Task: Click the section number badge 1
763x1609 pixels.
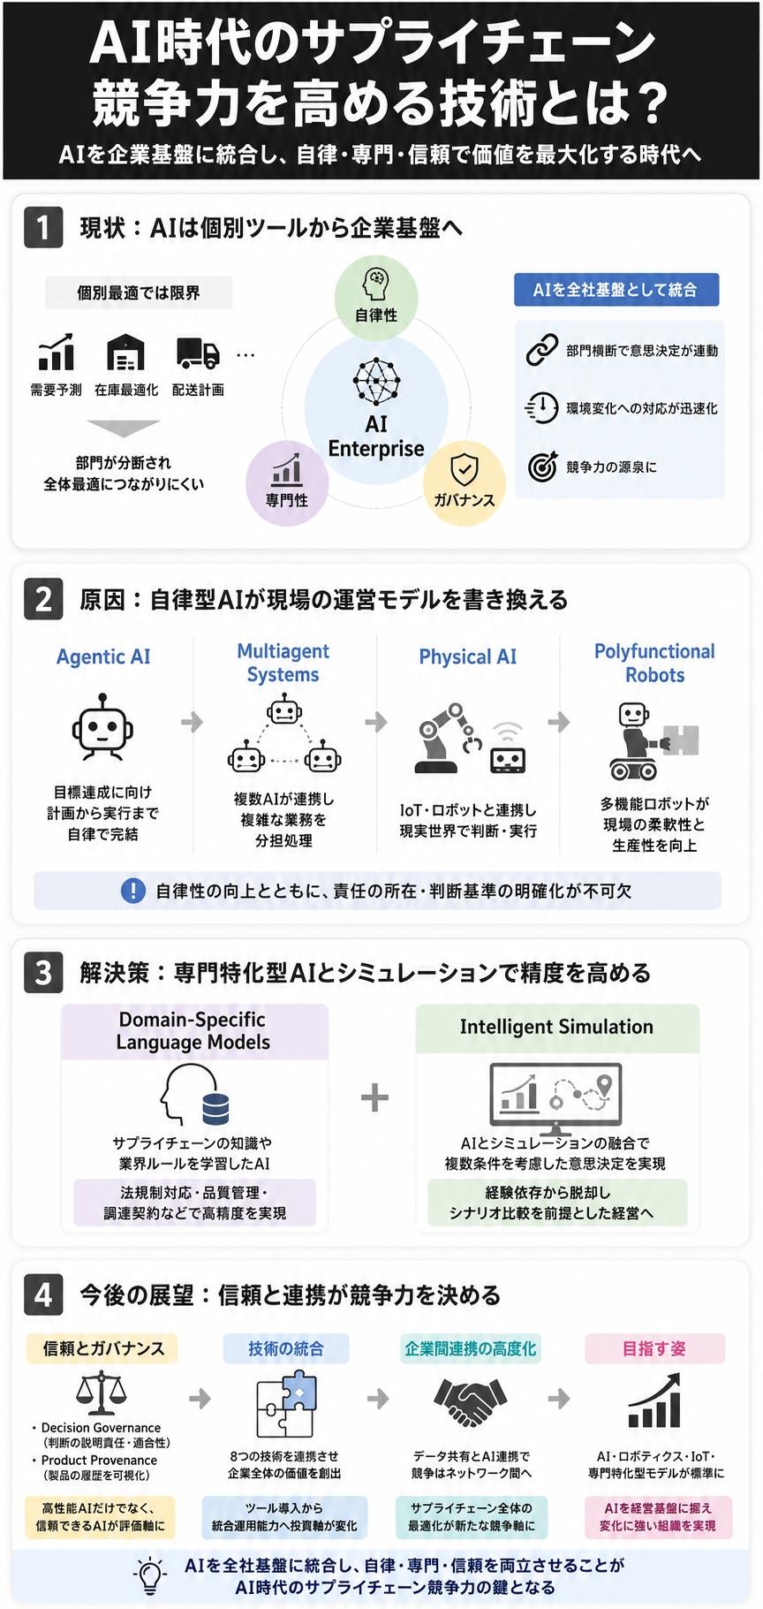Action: pyautogui.click(x=43, y=227)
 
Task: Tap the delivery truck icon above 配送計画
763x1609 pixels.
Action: pyautogui.click(x=198, y=353)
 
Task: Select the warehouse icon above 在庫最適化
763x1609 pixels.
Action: pyautogui.click(x=125, y=353)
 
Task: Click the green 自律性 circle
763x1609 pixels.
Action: pyautogui.click(x=376, y=297)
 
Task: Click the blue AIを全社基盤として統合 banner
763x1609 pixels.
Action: pyautogui.click(x=616, y=290)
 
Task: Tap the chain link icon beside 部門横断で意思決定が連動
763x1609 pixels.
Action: pyautogui.click(x=542, y=350)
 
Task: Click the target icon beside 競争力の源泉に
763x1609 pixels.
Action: pyautogui.click(x=542, y=467)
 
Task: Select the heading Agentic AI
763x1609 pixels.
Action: pyautogui.click(x=103, y=657)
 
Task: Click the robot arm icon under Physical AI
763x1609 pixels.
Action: pyautogui.click(x=450, y=739)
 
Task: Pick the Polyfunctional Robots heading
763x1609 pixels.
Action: pyautogui.click(x=654, y=663)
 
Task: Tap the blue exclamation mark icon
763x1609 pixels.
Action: pyautogui.click(x=132, y=891)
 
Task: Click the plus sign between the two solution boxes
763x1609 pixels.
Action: pyautogui.click(x=375, y=1097)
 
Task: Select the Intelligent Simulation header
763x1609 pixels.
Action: pyautogui.click(x=556, y=1027)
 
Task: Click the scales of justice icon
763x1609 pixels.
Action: pyautogui.click(x=102, y=1391)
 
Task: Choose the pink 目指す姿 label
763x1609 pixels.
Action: pyautogui.click(x=654, y=1348)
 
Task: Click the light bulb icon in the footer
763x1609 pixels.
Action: pyautogui.click(x=150, y=1575)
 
